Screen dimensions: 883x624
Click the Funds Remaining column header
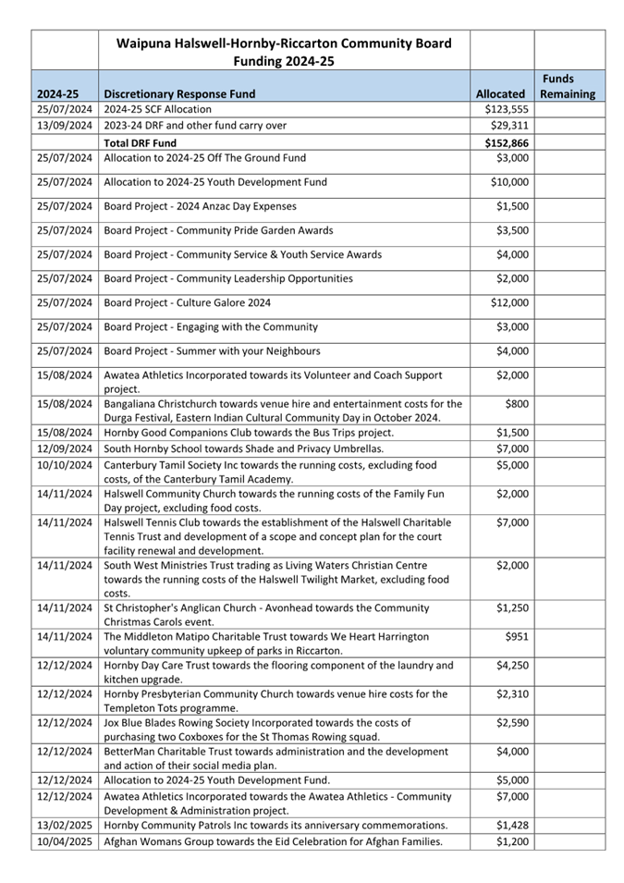[568, 86]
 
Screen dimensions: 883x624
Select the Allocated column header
[499, 93]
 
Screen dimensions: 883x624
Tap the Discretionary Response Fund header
[179, 93]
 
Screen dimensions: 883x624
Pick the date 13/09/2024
[65, 126]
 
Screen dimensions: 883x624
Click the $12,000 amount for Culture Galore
[509, 302]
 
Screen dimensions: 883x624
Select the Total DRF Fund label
[140, 143]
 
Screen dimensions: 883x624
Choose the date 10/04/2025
[65, 841]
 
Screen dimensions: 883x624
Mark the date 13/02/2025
[65, 825]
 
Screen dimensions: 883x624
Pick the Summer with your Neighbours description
[212, 350]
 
